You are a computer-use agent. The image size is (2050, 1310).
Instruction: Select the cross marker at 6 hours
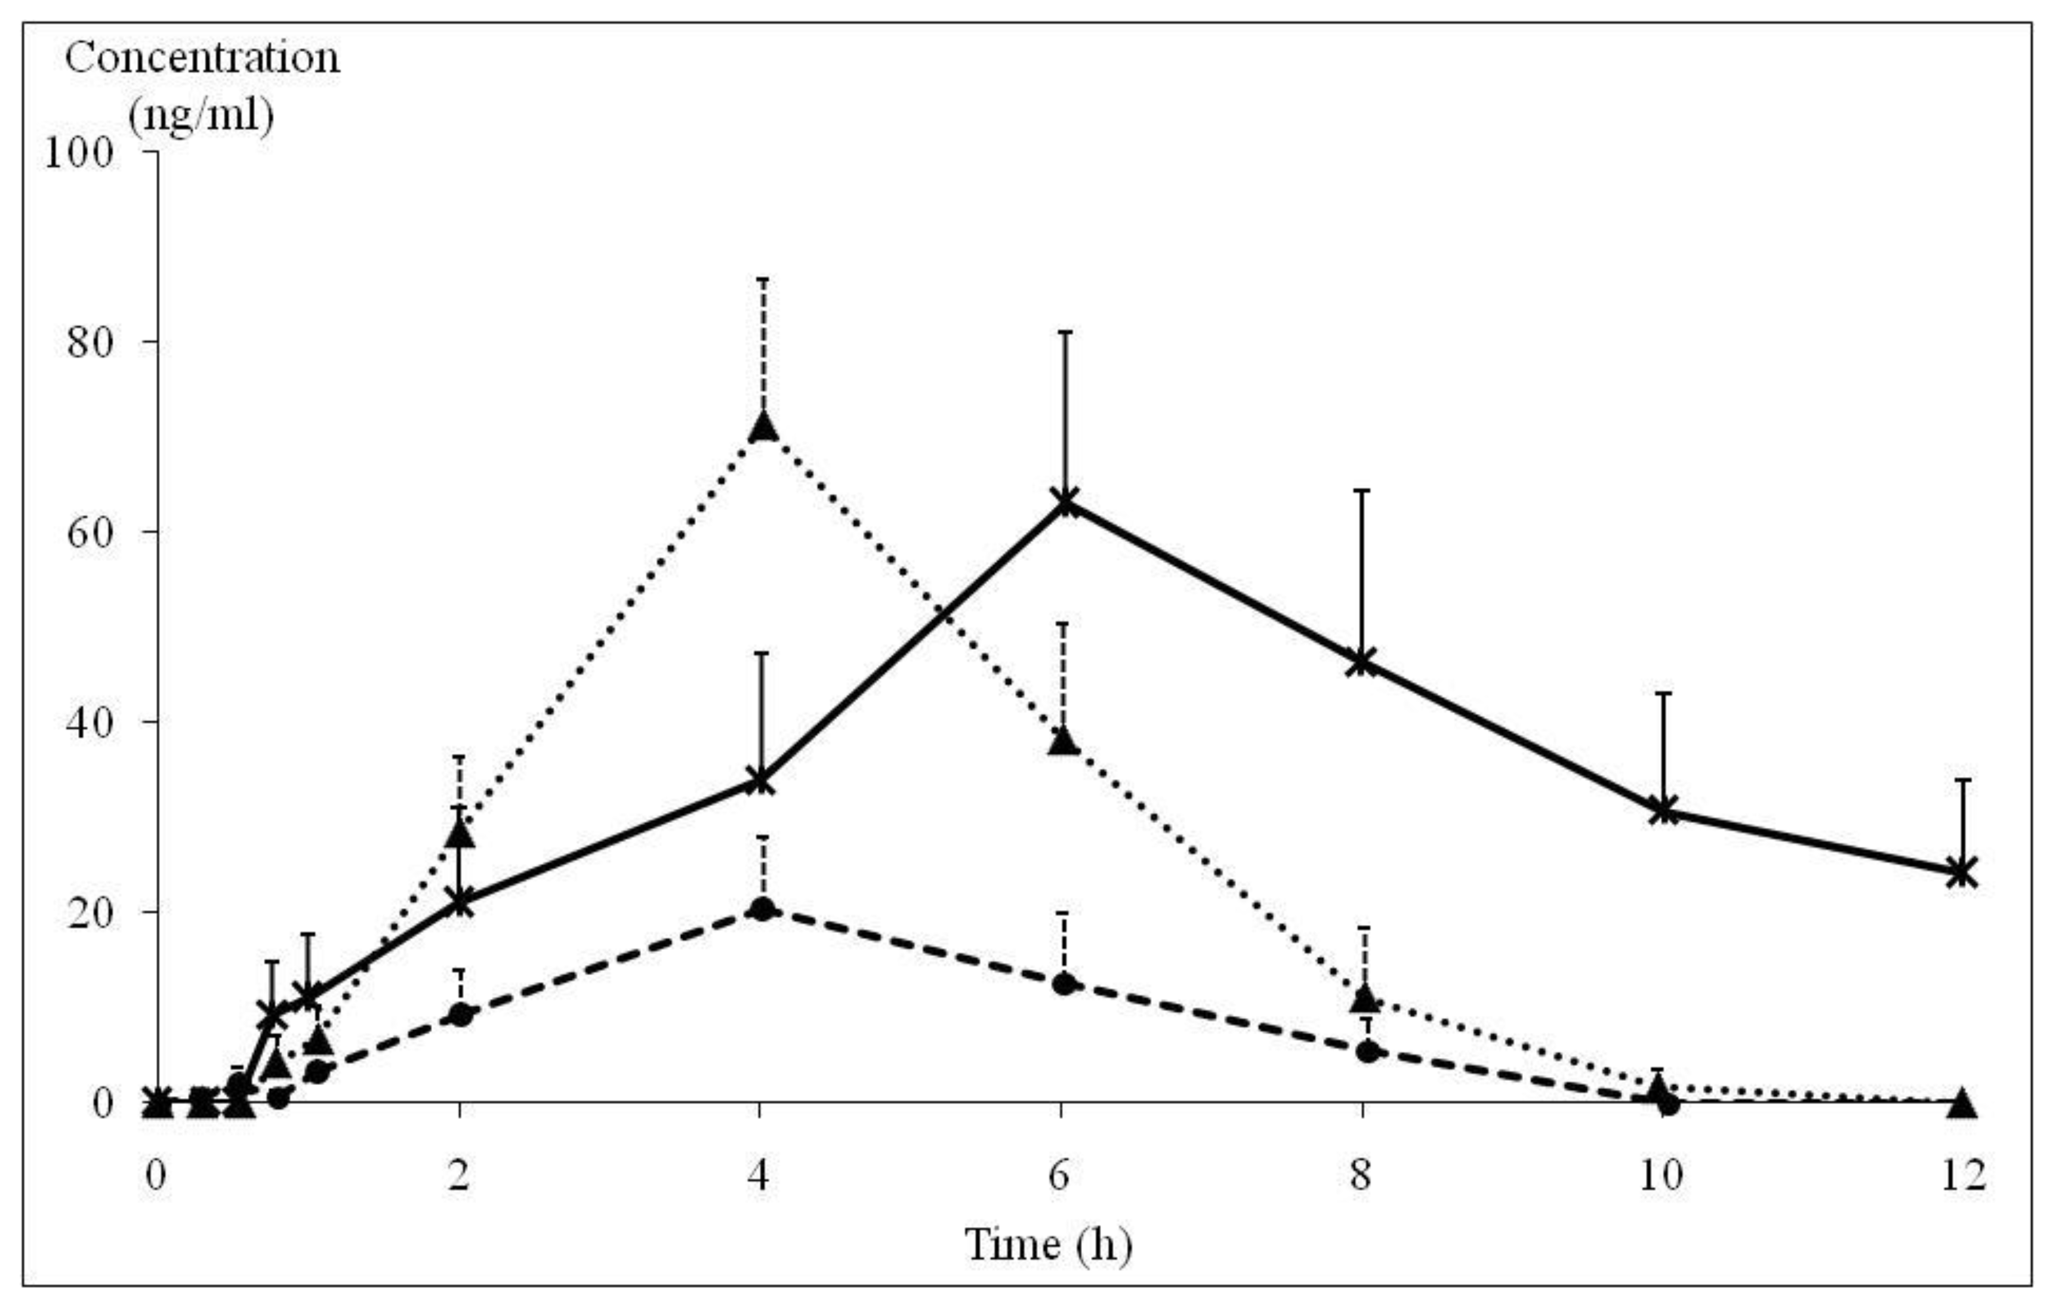[x=1064, y=501]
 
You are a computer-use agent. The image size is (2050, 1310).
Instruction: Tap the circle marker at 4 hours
[x=763, y=909]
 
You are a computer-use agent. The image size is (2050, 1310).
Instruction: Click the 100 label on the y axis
[x=78, y=154]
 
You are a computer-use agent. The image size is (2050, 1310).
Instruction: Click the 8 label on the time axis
[x=1361, y=1176]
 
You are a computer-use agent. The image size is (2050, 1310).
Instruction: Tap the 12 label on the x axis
[x=1963, y=1176]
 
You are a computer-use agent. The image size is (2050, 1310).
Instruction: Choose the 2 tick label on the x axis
[x=460, y=1176]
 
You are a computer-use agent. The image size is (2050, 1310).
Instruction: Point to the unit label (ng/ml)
[x=202, y=114]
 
